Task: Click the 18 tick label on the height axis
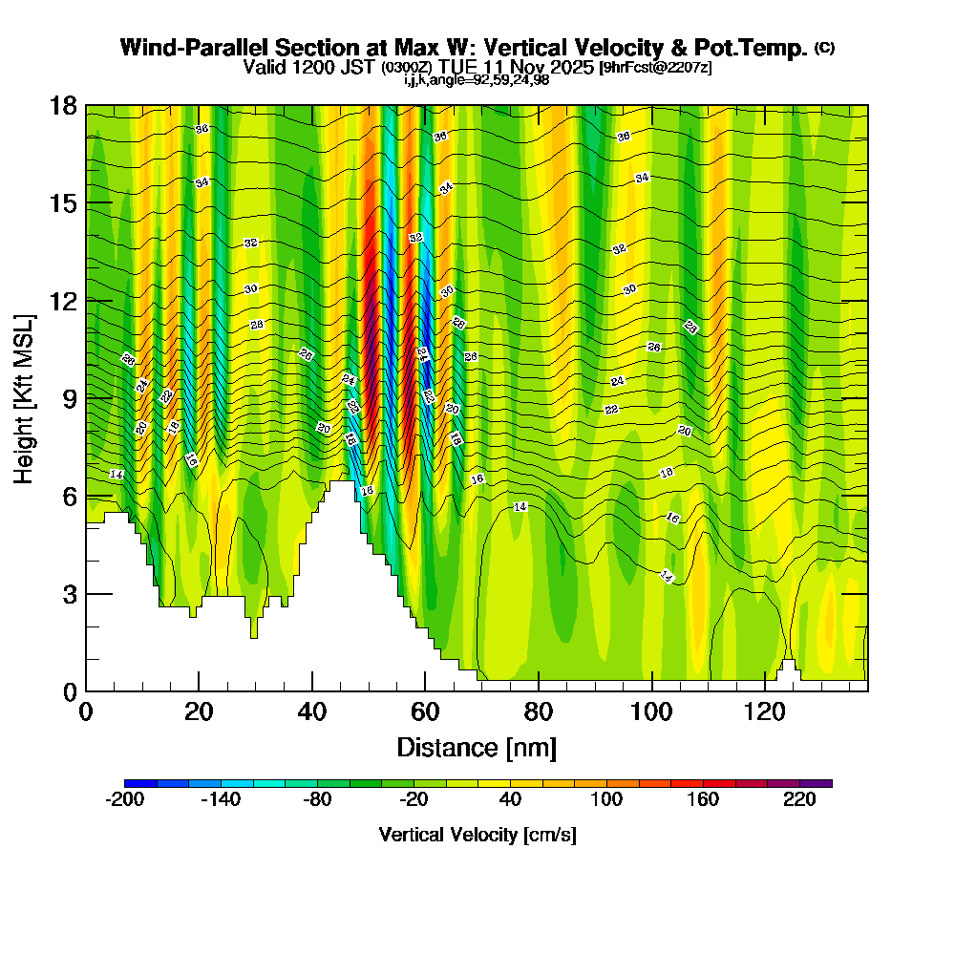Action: click(64, 105)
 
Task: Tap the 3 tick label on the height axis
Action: click(69, 594)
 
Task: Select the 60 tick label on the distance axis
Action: click(425, 712)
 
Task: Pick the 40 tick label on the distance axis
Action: click(312, 712)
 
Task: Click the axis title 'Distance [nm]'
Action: click(477, 747)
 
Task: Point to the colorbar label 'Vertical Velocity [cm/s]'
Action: click(477, 835)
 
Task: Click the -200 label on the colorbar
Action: click(124, 800)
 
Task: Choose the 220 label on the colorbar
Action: click(799, 800)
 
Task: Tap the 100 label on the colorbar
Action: click(606, 800)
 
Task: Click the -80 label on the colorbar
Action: click(317, 800)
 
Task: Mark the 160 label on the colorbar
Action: click(703, 800)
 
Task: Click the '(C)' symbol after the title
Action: click(825, 48)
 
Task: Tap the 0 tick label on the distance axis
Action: click(86, 712)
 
